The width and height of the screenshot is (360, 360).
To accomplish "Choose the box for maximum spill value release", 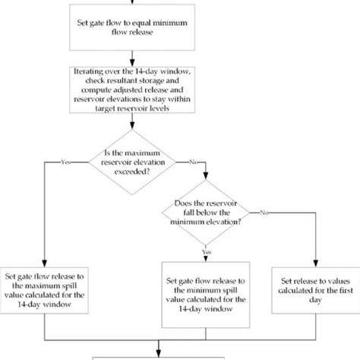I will pyautogui.click(x=48, y=289).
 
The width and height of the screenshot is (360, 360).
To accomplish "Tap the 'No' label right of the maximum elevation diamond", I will pyautogui.click(x=194, y=160).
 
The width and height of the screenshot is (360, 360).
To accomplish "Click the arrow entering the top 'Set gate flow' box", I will pyautogui.click(x=134, y=5).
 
